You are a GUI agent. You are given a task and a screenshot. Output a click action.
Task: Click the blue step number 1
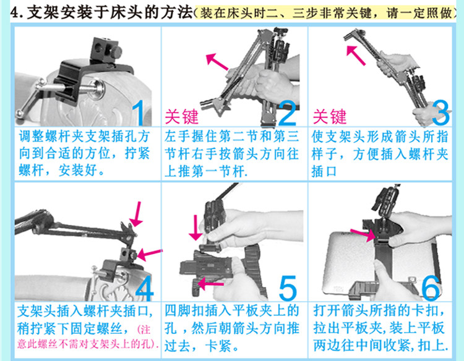point(139,113)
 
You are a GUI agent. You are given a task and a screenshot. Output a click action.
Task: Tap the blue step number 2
point(287,113)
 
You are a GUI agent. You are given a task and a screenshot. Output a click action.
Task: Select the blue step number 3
point(440,113)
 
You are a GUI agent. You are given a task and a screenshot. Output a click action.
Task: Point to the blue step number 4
point(145,287)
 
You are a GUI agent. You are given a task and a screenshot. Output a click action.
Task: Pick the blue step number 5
point(288,287)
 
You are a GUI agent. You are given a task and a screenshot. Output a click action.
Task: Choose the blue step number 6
point(431,287)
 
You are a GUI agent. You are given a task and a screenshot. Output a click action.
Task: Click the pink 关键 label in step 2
point(181,116)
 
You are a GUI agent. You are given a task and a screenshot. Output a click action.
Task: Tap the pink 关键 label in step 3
point(330,116)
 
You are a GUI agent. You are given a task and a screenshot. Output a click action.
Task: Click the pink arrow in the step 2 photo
point(217,61)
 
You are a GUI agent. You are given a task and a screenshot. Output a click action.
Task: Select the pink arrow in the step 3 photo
point(356,55)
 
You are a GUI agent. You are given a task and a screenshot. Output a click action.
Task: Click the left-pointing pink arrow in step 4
point(150,254)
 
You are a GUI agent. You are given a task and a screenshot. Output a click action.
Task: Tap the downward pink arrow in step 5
point(195,227)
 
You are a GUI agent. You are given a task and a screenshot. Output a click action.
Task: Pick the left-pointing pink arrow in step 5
point(210,284)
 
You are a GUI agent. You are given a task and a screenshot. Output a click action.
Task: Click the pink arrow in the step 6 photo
point(363,234)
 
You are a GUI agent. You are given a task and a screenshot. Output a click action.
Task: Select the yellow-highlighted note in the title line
point(325,14)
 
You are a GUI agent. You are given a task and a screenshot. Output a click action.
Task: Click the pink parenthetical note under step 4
point(88,337)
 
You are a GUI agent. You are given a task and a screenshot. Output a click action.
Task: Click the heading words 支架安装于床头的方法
point(110,14)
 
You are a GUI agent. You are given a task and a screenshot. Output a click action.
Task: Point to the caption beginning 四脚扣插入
point(232,328)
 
